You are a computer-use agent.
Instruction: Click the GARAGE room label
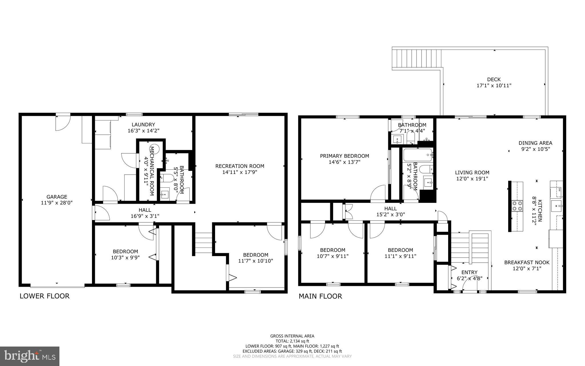[x=57, y=197]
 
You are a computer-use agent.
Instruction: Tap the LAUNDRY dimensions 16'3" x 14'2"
[x=143, y=130]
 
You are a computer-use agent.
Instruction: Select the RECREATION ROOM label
[x=240, y=166]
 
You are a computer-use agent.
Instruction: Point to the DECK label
[x=494, y=79]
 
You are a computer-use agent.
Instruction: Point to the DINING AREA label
[x=535, y=143]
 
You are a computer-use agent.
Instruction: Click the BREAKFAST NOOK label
[x=527, y=262]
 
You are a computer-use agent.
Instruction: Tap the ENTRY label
[x=469, y=272]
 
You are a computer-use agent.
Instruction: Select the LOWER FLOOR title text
[x=45, y=296]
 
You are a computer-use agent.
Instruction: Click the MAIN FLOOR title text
[x=320, y=296]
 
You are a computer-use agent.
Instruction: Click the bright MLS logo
[x=30, y=356]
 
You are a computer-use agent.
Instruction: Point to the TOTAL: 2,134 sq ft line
[x=292, y=341]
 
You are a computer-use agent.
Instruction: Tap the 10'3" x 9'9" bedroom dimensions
[x=125, y=258]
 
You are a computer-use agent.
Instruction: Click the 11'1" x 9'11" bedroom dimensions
[x=400, y=256]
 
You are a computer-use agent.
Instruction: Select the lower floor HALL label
[x=145, y=210]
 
